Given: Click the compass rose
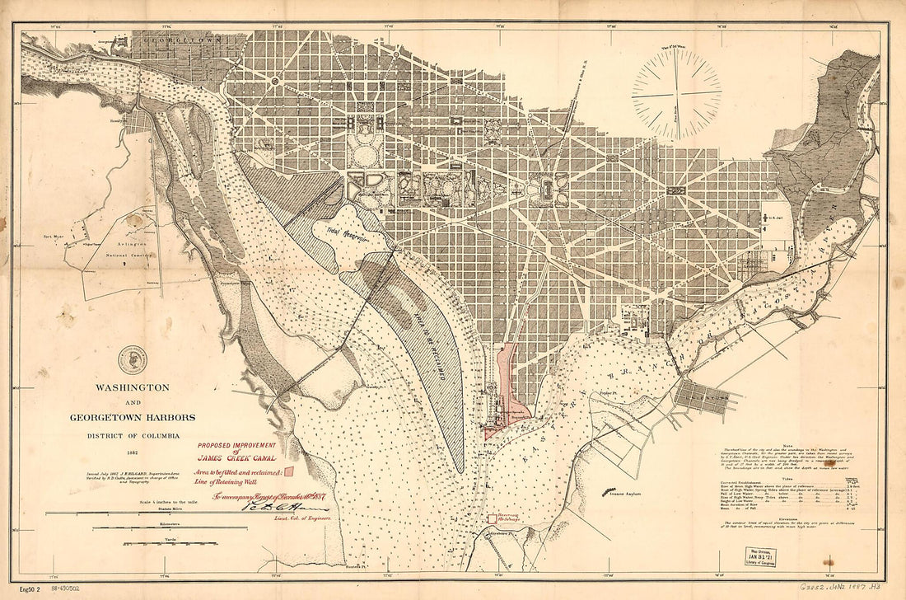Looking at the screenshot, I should point(676,94).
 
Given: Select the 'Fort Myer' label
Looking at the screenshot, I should point(54,237).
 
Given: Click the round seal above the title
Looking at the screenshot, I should point(131,359).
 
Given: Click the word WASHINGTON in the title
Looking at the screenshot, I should point(131,387).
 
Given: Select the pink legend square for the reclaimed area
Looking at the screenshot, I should point(289,471).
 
